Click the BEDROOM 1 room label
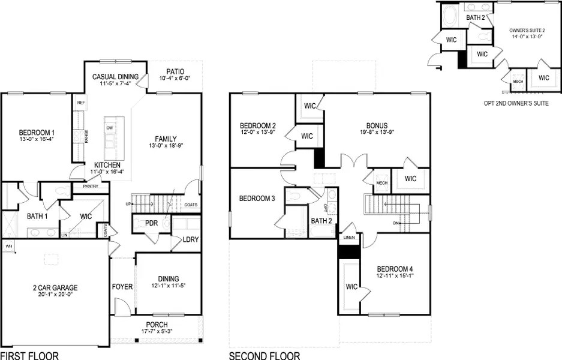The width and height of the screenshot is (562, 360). pyautogui.click(x=37, y=132)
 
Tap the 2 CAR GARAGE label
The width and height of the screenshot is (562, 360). pyautogui.click(x=55, y=288)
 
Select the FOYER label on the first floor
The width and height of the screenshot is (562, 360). pyautogui.click(x=122, y=287)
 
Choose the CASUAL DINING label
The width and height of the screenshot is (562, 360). pyautogui.click(x=115, y=77)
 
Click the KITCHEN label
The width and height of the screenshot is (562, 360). pyautogui.click(x=107, y=165)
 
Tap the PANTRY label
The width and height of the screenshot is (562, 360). pyautogui.click(x=82, y=187)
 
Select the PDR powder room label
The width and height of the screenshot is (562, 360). pyautogui.click(x=151, y=223)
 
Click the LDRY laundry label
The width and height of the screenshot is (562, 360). pyautogui.click(x=191, y=240)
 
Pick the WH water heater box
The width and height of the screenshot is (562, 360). pyautogui.click(x=8, y=246)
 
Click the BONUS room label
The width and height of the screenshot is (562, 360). pyautogui.click(x=377, y=126)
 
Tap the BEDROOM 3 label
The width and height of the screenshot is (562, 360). pyautogui.click(x=257, y=199)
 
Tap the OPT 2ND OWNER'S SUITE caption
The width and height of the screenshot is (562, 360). pyautogui.click(x=516, y=103)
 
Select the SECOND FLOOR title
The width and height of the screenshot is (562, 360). pyautogui.click(x=264, y=356)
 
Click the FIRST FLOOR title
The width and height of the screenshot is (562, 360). pyautogui.click(x=29, y=356)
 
